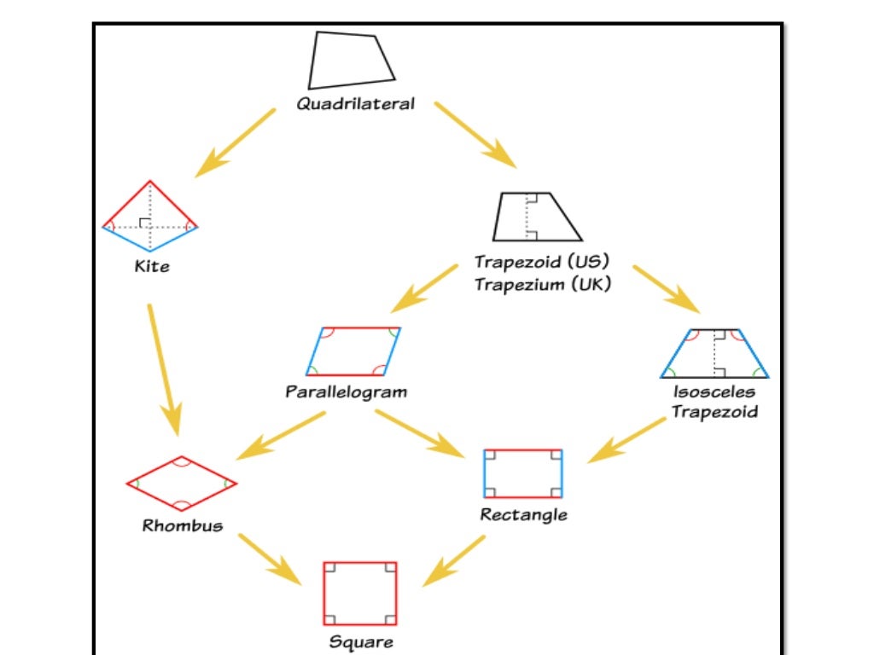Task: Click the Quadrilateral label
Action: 355,104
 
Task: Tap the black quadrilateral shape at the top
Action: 350,61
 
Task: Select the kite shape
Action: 150,217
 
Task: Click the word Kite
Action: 152,266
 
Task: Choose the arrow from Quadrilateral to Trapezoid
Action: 475,134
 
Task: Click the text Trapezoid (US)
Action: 543,261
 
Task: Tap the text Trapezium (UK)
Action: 543,284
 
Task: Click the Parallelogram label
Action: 346,393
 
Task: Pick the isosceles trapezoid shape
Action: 714,353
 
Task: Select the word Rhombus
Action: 183,525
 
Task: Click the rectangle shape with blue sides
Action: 523,473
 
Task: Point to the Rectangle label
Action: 523,515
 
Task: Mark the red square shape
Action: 360,594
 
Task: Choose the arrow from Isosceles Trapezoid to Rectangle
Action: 627,439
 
